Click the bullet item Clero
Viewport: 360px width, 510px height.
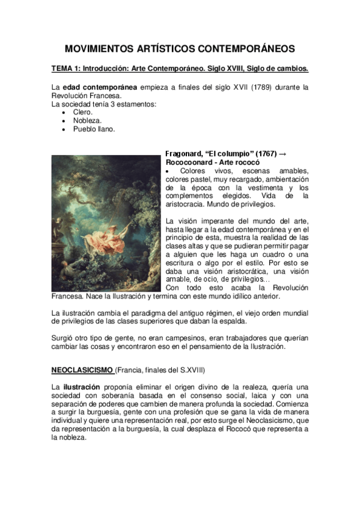pyautogui.click(x=82, y=112)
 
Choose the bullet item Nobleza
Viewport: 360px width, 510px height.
pyautogui.click(x=87, y=120)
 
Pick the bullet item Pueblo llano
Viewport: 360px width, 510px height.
pyautogui.click(x=94, y=129)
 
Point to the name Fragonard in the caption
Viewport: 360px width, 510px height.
pyautogui.click(x=186, y=154)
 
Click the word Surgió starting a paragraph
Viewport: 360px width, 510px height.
pyautogui.click(x=63, y=338)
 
